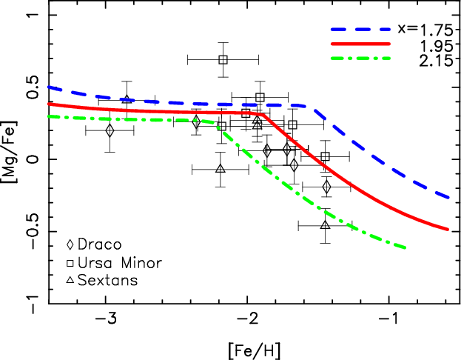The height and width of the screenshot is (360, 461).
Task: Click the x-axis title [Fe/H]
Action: click(255, 350)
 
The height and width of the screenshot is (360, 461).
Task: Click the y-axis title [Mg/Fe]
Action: click(10, 152)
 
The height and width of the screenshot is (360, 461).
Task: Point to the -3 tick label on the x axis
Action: click(110, 319)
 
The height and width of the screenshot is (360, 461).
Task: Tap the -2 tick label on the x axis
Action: click(251, 319)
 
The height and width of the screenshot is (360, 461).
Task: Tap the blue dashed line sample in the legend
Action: click(360, 30)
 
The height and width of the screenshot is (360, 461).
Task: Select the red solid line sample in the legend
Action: click(360, 44)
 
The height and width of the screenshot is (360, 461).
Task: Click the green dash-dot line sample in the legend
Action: click(360, 59)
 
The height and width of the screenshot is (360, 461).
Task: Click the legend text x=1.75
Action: click(425, 30)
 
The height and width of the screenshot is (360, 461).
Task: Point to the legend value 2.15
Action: click(436, 60)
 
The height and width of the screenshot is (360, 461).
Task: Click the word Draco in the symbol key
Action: click(99, 244)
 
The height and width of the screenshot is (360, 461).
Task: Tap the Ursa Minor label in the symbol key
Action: click(120, 263)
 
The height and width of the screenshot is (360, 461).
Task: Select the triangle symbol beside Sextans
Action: click(70, 280)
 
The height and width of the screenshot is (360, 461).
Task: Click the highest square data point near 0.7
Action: click(223, 60)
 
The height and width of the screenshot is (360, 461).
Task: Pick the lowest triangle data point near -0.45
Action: click(325, 225)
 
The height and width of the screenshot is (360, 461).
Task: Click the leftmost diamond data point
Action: click(110, 130)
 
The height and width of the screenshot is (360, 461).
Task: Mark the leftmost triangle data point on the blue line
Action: click(127, 99)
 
